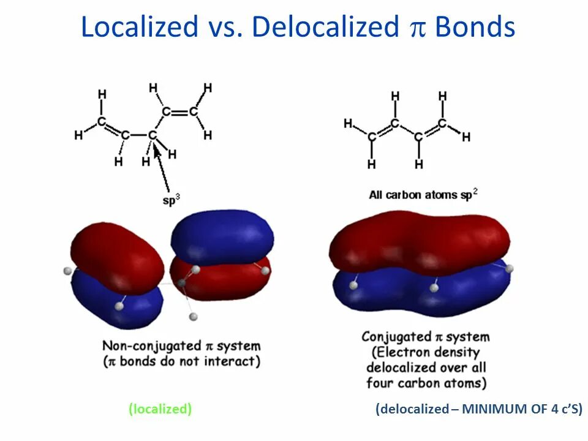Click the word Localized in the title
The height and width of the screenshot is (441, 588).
(140, 28)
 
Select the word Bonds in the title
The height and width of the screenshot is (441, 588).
(475, 28)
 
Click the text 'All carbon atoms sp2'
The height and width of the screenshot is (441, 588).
(423, 194)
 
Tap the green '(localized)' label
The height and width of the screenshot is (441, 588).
(160, 409)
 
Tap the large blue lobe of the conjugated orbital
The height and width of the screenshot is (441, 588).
(423, 294)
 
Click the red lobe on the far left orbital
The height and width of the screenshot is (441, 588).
(116, 254)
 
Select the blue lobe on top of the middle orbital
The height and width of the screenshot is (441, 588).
(221, 236)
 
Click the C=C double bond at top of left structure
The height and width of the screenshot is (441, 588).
(179, 112)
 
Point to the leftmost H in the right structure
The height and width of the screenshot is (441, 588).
(348, 124)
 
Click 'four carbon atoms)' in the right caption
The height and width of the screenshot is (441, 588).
(426, 383)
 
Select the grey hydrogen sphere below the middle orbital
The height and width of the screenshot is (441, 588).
(194, 316)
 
